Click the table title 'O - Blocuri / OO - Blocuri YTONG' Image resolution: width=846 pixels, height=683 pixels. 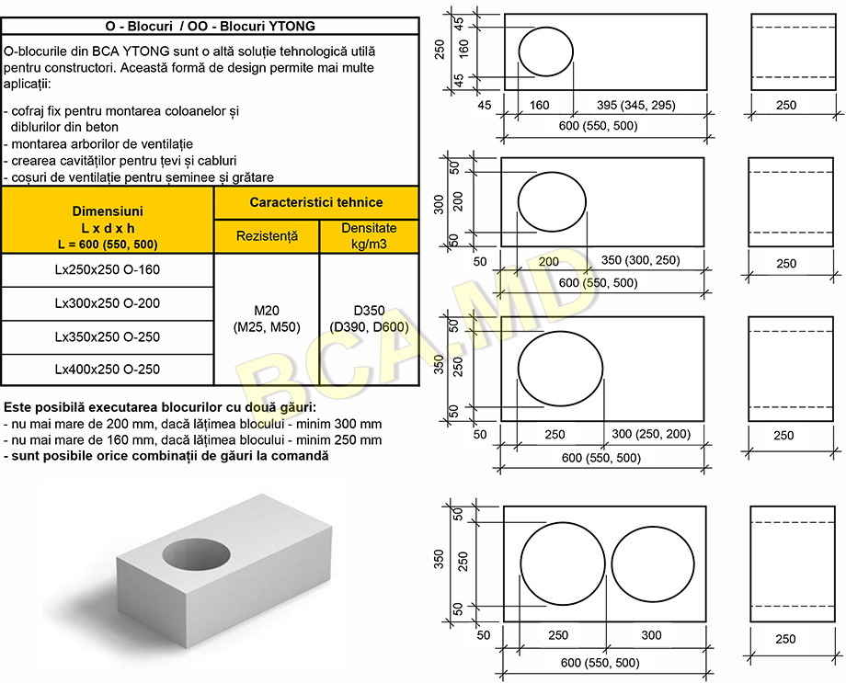tap(210, 26)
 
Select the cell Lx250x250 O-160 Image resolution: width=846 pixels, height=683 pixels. tap(108, 269)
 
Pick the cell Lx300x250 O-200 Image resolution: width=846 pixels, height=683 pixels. tap(108, 303)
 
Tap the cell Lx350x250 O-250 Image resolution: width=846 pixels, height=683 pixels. tap(108, 337)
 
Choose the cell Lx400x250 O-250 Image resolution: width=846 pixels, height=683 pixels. tap(108, 370)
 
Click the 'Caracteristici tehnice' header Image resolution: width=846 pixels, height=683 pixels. tap(316, 202)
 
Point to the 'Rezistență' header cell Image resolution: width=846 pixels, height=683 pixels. tap(267, 236)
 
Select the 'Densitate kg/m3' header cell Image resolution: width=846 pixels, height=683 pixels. tap(369, 236)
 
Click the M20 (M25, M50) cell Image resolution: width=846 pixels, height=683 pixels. tap(267, 319)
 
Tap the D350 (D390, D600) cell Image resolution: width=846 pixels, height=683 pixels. tap(369, 319)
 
